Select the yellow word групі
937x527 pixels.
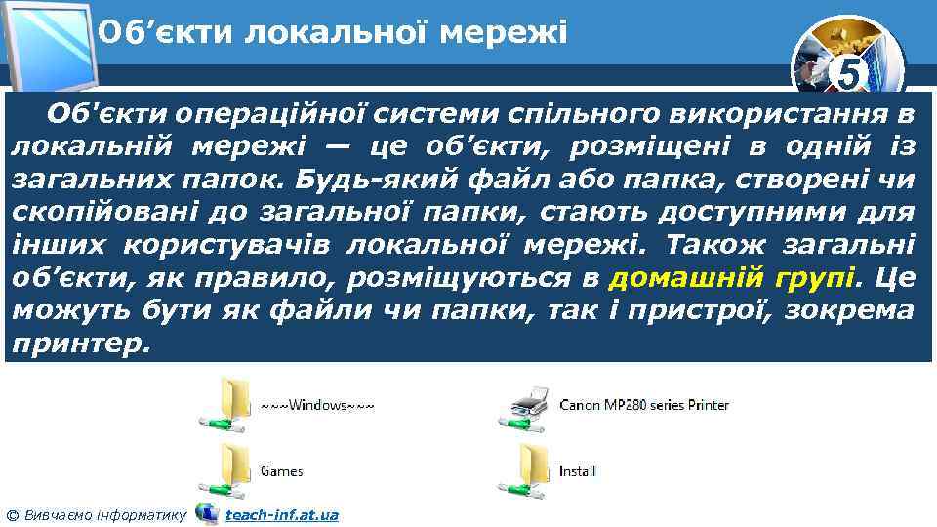[816, 278]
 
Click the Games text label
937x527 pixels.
[281, 471]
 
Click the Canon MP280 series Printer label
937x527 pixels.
[644, 404]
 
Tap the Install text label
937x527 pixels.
[577, 471]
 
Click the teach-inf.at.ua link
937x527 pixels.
[282, 514]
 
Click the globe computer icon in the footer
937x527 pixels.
[206, 512]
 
